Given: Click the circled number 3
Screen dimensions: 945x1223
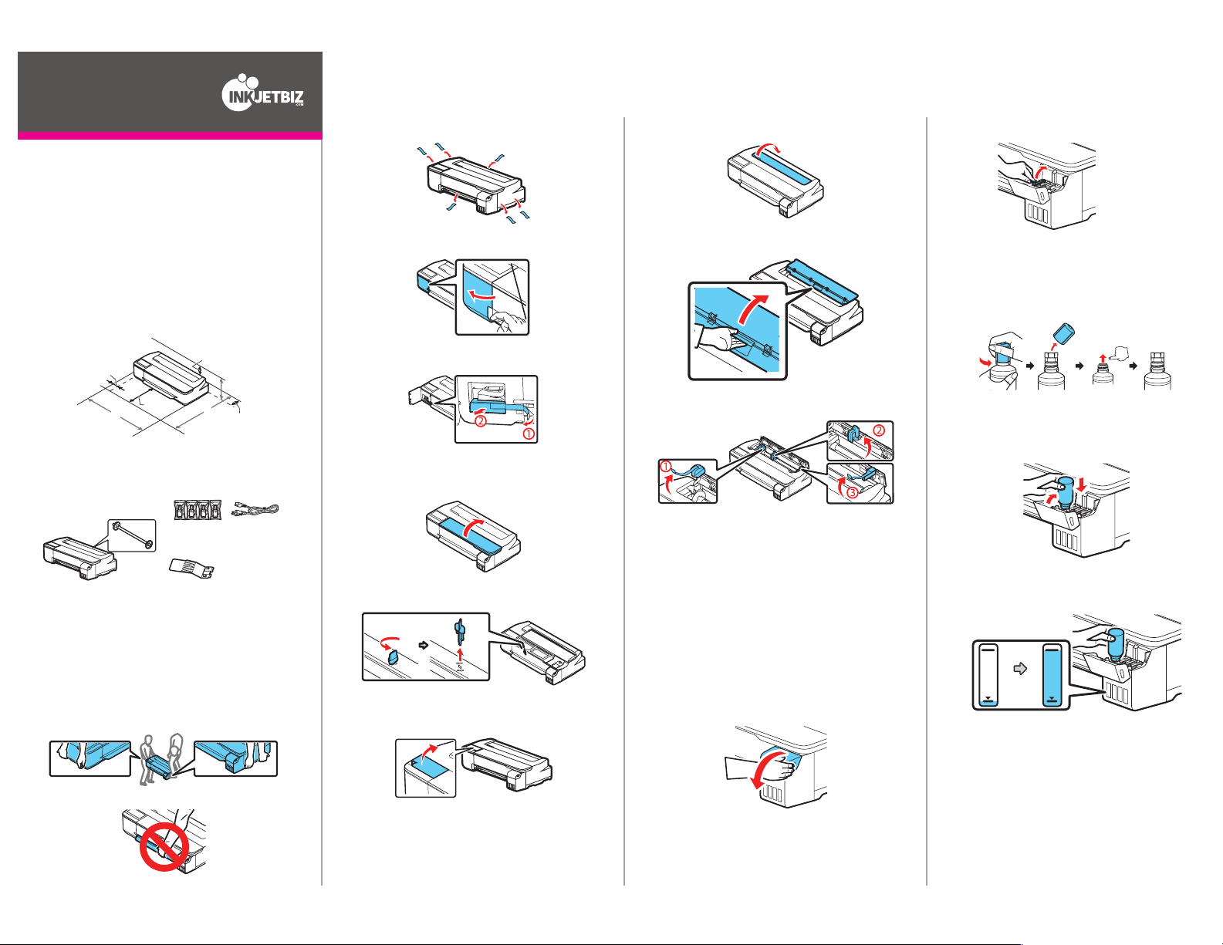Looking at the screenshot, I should (x=853, y=493).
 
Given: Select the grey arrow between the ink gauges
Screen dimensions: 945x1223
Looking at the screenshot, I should (x=1020, y=669).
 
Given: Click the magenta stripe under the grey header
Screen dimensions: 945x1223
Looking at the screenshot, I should (x=170, y=136).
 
